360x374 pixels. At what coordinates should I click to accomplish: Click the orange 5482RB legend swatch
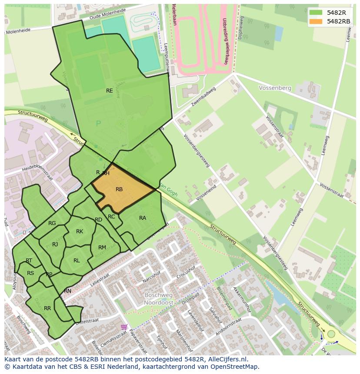pos(316,21)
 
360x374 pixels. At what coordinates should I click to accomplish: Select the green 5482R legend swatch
pos(316,12)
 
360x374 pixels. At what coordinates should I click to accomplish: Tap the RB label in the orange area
pos(119,189)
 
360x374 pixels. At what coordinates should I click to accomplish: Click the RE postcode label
pos(110,91)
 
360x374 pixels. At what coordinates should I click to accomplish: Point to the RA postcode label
pos(143,218)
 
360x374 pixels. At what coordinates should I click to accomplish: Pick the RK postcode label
pos(80,232)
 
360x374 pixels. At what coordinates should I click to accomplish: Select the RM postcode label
pos(102,248)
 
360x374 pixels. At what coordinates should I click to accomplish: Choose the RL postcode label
pos(77,261)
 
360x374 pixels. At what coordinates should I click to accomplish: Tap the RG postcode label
pos(52,223)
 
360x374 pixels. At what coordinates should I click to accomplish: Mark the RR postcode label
pos(47,308)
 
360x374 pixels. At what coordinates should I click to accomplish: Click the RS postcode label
pos(30,273)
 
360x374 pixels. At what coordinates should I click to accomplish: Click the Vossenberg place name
pos(275,88)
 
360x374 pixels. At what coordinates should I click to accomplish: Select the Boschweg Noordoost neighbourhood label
pos(159,298)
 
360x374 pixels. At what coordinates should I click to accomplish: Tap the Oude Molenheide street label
pos(107,13)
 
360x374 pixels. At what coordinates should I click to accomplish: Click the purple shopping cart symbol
pos(124,327)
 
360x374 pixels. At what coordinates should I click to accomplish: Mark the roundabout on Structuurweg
pos(331,334)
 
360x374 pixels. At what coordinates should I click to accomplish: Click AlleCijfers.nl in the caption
pos(227,360)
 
